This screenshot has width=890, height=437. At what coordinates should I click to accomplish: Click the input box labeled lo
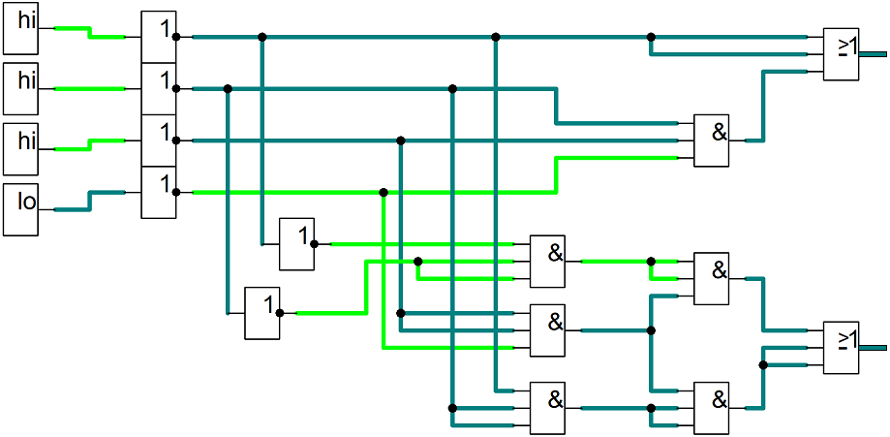[20, 209]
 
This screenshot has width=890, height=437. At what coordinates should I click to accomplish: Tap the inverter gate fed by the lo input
[159, 193]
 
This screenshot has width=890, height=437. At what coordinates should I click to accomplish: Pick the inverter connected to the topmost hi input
[159, 37]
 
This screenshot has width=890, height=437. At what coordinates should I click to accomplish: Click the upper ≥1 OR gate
[842, 54]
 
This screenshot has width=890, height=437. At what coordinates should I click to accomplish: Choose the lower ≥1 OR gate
[842, 348]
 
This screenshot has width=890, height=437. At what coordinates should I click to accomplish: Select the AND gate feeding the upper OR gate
[712, 140]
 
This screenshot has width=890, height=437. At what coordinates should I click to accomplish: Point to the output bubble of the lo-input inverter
[176, 193]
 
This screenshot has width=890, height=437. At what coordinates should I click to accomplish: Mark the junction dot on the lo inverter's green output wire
[384, 193]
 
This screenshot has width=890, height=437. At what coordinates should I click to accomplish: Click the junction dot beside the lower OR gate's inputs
[763, 365]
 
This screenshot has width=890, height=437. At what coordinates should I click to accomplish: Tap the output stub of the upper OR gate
[873, 54]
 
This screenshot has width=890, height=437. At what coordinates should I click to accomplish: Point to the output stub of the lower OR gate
[873, 348]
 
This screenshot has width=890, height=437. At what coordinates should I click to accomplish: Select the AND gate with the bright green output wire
[547, 262]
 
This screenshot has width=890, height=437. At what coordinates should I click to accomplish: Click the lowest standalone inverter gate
[262, 313]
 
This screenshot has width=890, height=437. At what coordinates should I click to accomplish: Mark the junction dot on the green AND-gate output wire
[651, 262]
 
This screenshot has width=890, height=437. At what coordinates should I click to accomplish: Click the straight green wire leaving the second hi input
[90, 88]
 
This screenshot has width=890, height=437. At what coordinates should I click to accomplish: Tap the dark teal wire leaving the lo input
[90, 202]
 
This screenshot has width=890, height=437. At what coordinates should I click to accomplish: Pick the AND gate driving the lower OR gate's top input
[712, 278]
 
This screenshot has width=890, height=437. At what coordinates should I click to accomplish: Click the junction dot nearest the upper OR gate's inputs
[651, 37]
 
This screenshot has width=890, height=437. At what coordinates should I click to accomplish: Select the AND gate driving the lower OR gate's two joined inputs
[712, 408]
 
